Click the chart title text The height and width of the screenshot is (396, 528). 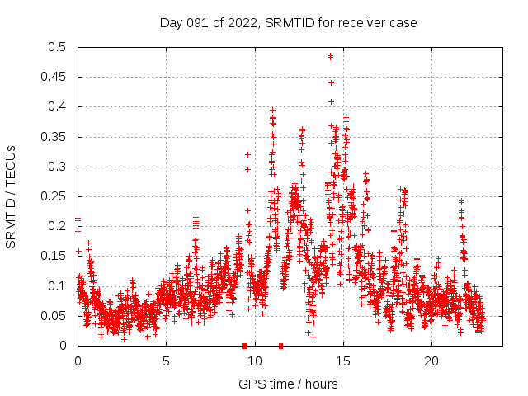288,22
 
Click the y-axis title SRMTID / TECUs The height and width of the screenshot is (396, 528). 12,196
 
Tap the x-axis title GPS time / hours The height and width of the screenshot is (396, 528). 288,384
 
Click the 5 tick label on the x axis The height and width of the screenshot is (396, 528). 166,361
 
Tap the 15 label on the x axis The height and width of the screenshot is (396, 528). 342,361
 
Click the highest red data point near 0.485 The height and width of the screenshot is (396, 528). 330,56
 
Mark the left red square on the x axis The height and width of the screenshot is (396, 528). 244,346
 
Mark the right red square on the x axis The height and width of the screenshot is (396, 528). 281,346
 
